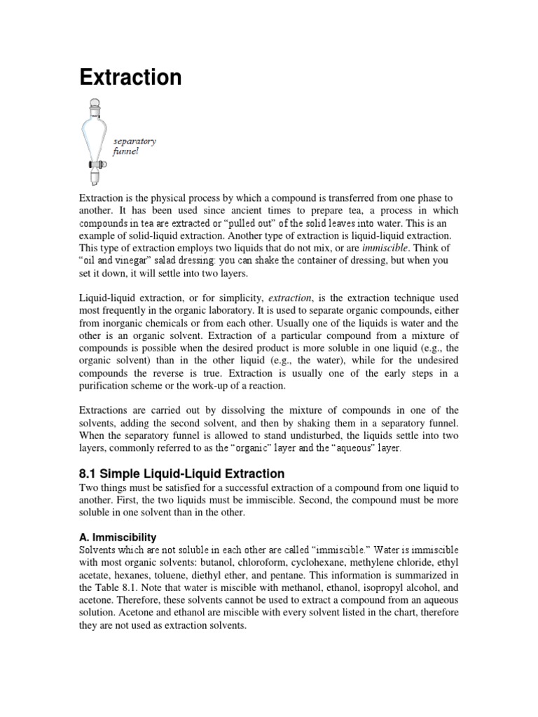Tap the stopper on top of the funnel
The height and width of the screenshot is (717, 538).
(93, 106)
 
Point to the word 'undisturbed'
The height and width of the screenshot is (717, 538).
(297, 435)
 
